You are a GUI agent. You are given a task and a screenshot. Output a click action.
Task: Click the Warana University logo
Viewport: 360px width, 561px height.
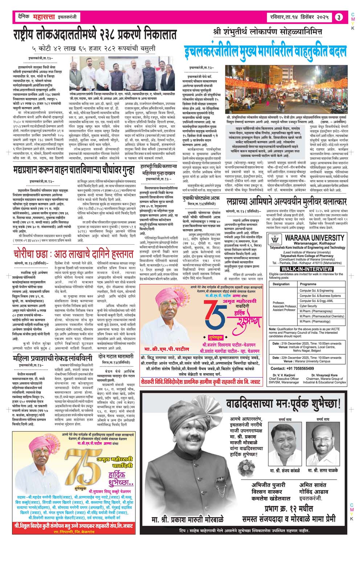275,240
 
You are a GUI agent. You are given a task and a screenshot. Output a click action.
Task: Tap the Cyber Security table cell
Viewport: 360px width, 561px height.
308,306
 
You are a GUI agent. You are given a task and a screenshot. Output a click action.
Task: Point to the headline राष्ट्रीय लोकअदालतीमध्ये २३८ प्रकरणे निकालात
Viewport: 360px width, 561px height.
94,34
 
